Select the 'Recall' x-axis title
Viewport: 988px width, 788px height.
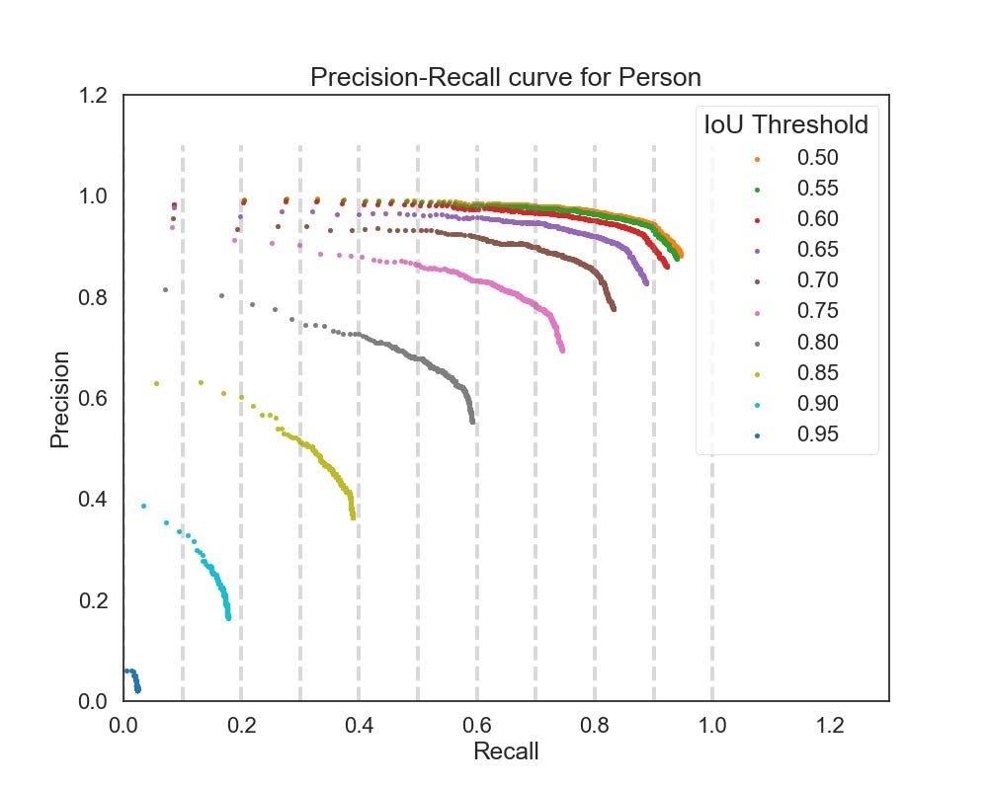pyautogui.click(x=506, y=750)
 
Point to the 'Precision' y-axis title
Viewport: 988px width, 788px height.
pyautogui.click(x=61, y=398)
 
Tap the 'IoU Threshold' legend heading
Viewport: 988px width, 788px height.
pyautogui.click(x=785, y=125)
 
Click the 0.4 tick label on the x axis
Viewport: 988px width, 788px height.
pyautogui.click(x=359, y=725)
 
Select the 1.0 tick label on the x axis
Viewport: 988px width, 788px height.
pyautogui.click(x=712, y=725)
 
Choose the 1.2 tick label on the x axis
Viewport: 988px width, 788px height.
pyautogui.click(x=830, y=725)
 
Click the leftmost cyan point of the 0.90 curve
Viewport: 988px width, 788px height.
pyautogui.click(x=143, y=506)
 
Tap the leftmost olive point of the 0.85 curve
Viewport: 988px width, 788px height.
pyautogui.click(x=156, y=383)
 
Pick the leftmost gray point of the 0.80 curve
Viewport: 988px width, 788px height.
pyautogui.click(x=165, y=289)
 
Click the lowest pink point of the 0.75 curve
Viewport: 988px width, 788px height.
pyautogui.click(x=562, y=351)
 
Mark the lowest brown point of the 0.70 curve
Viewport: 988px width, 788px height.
pyautogui.click(x=614, y=309)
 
